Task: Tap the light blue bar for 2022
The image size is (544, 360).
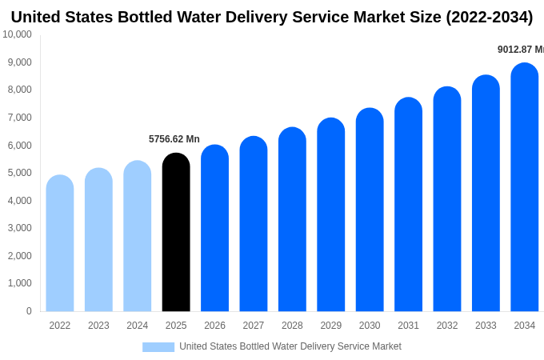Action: [x=60, y=243]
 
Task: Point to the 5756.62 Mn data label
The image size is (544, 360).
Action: [x=174, y=139]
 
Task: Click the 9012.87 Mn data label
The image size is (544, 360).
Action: [x=521, y=50]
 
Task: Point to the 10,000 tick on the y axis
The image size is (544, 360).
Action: [x=17, y=34]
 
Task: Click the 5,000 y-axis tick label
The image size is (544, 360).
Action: [x=19, y=173]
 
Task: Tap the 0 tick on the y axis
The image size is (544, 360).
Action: [x=29, y=311]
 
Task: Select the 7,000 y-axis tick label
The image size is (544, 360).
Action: [x=19, y=118]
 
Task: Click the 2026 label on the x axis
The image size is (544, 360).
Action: [x=214, y=326]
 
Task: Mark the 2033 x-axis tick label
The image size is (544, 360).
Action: [x=486, y=326]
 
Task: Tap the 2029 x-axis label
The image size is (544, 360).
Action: [x=331, y=326]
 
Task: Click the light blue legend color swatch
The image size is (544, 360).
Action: [x=158, y=347]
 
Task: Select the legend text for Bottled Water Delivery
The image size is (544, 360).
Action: [x=290, y=346]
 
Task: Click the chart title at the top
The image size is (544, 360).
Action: [x=272, y=17]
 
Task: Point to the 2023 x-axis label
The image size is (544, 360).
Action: [x=98, y=326]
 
